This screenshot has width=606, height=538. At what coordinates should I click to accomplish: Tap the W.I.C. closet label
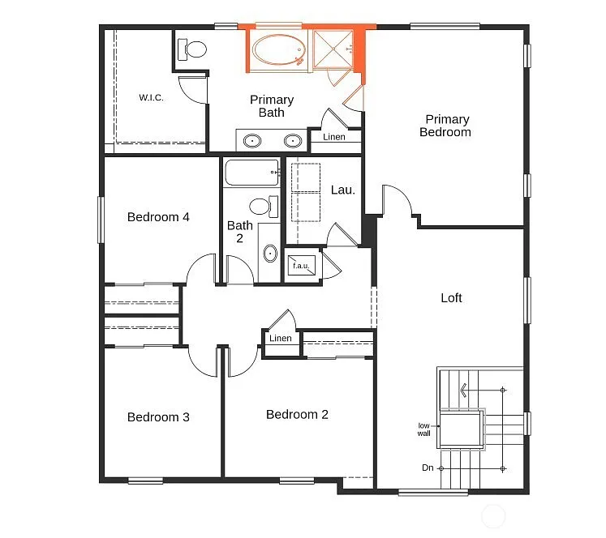point(151,98)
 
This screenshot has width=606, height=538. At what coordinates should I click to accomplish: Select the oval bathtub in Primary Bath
point(278,50)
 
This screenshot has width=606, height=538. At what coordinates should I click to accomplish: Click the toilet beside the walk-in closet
point(194,49)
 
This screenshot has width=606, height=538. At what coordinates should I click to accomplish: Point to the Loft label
point(451,298)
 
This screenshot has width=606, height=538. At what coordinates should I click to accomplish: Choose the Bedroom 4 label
point(158,217)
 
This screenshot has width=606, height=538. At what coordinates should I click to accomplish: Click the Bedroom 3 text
point(158,417)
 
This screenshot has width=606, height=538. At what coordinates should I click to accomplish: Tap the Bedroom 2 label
point(297,415)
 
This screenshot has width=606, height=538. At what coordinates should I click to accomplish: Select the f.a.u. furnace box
point(301,267)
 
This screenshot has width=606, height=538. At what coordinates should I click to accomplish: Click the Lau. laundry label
point(342,190)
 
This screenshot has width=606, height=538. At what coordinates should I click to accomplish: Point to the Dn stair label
point(428,468)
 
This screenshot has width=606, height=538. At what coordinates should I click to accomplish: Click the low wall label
point(423,429)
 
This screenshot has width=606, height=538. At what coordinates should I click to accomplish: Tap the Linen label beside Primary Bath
point(334,137)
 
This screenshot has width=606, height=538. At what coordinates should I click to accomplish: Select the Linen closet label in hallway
point(281,339)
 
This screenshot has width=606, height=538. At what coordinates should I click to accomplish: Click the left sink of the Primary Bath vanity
point(253,141)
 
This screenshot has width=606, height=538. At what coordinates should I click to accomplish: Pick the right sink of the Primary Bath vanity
point(291,141)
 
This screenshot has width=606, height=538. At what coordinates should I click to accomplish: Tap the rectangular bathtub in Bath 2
point(252,173)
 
